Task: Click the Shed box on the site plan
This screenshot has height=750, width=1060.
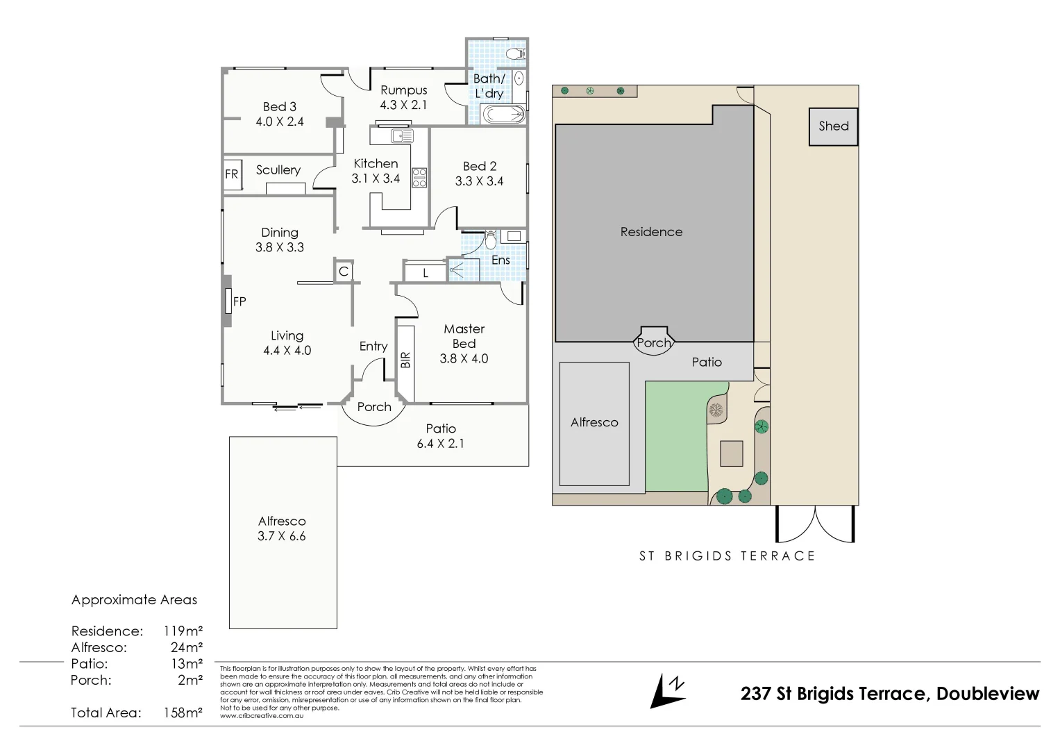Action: (x=833, y=126)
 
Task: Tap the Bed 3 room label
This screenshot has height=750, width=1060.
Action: (x=280, y=106)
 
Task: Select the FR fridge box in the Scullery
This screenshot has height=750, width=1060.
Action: (x=232, y=174)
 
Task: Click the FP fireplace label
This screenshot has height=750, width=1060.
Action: (x=239, y=301)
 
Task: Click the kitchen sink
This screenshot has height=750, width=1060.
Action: (x=401, y=136)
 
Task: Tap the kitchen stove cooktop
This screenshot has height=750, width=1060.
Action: (x=419, y=177)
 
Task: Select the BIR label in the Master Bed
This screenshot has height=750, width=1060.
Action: (x=406, y=359)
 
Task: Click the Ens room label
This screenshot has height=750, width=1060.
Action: (x=500, y=260)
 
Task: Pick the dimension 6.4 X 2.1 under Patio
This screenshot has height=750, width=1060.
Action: (x=440, y=443)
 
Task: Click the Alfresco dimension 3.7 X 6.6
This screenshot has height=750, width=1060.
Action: (x=281, y=536)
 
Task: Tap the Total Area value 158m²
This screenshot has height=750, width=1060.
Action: (x=183, y=712)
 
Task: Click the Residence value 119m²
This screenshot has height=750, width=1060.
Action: (x=183, y=631)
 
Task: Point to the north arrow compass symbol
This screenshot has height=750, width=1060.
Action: (x=667, y=691)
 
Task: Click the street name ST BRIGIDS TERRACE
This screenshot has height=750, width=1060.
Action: (x=727, y=556)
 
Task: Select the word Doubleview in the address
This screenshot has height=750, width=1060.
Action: (x=987, y=693)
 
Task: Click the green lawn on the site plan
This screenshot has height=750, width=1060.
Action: (x=677, y=437)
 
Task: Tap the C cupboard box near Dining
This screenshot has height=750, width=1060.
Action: (x=343, y=272)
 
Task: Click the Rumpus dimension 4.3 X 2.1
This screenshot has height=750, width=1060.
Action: (x=403, y=105)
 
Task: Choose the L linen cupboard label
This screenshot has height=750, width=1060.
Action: (x=426, y=274)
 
